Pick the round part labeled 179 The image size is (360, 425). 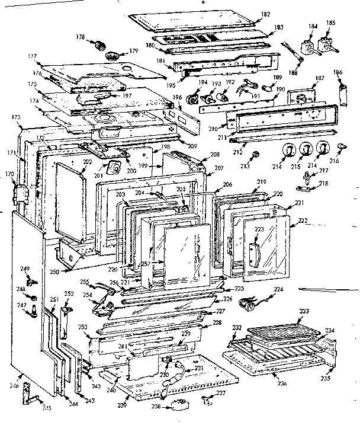click(x=113, y=56)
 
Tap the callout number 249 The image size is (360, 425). click(x=24, y=270)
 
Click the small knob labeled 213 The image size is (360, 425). click(x=255, y=155)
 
